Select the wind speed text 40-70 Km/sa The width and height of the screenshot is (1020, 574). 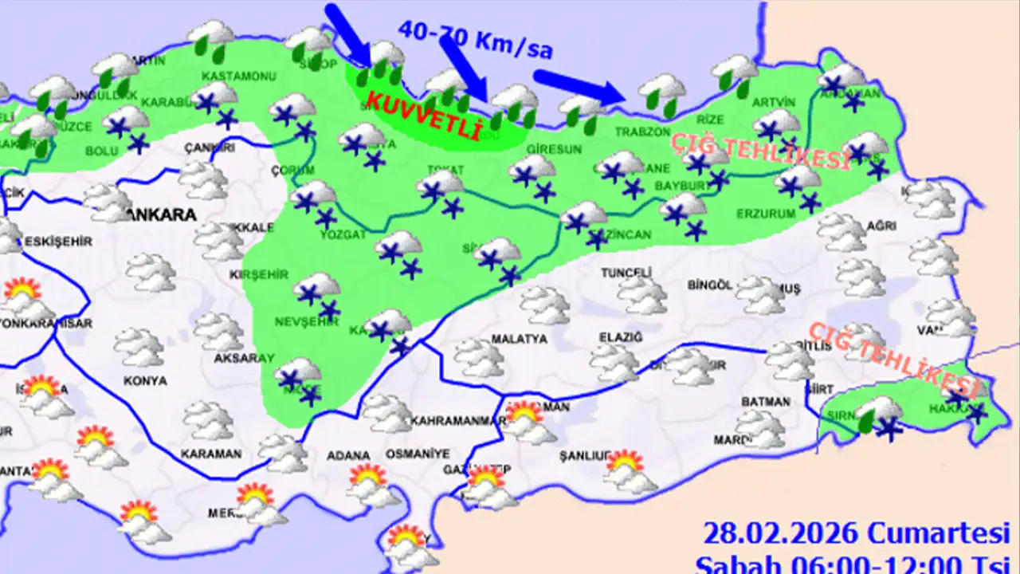(x=475, y=41)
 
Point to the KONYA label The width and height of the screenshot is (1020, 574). (x=145, y=381)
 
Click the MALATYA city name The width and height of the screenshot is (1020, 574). (x=519, y=339)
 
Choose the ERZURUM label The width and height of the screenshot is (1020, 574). (x=767, y=214)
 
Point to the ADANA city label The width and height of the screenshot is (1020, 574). (x=349, y=456)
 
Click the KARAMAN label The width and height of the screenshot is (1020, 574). (x=210, y=454)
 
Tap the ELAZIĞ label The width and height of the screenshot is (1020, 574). (x=620, y=338)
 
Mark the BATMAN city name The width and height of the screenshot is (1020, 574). (x=765, y=402)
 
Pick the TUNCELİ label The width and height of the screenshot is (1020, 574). (x=626, y=273)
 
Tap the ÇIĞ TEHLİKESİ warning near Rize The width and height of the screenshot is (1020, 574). (x=760, y=151)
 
